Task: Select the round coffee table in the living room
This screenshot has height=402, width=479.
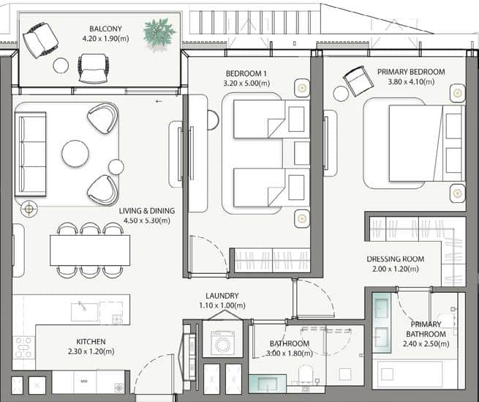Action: tap(75, 154)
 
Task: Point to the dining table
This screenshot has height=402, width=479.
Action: tap(90, 250)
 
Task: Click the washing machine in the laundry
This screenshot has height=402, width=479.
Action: tap(222, 342)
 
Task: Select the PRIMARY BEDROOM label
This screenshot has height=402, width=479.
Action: tap(411, 72)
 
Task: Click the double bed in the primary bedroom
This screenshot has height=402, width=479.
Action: tap(416, 143)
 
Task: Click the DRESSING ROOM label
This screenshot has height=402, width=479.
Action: tap(396, 258)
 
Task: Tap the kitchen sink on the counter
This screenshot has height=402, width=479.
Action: tap(84, 311)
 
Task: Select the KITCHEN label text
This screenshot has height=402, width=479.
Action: tap(91, 341)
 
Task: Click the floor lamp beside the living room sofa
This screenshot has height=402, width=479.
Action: tap(29, 209)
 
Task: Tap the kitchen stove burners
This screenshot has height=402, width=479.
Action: tap(24, 347)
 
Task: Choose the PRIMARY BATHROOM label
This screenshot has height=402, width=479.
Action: tap(426, 329)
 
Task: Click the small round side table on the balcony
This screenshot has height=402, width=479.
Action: tap(61, 66)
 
